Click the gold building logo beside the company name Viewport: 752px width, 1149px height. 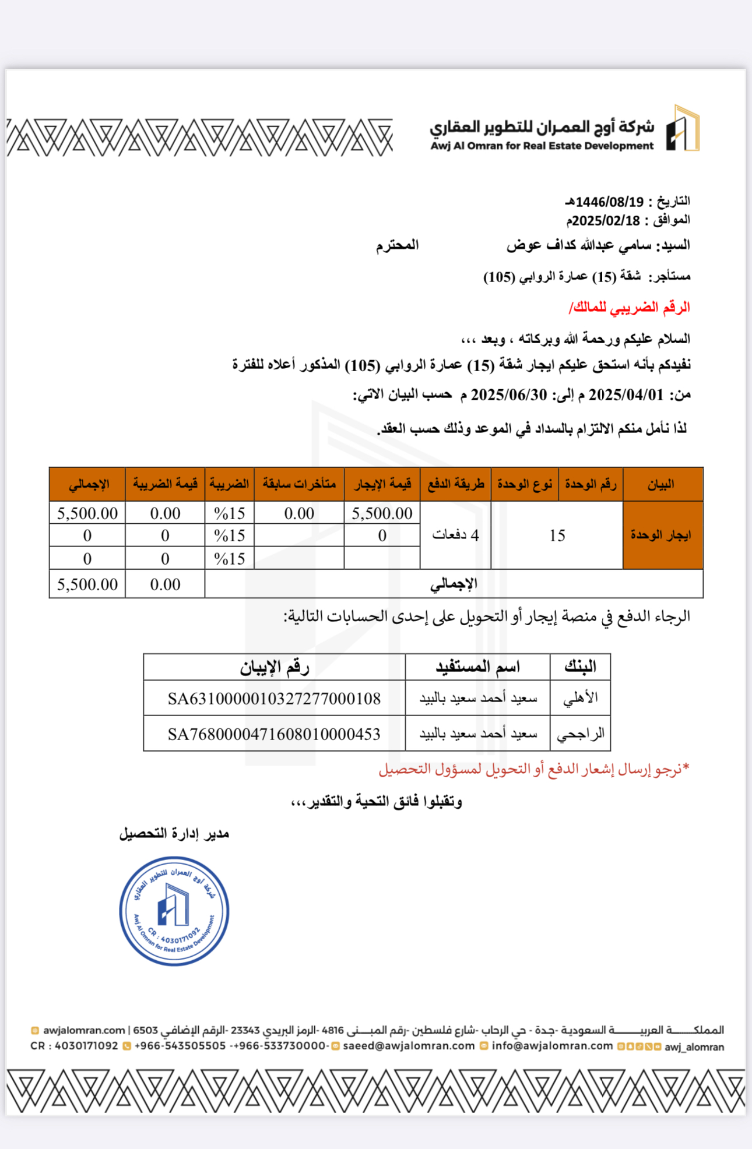pyautogui.click(x=683, y=129)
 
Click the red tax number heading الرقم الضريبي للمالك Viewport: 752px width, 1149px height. pyautogui.click(x=630, y=307)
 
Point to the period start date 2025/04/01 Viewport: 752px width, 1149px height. pyautogui.click(x=626, y=395)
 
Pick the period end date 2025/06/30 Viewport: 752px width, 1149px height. pyautogui.click(x=508, y=395)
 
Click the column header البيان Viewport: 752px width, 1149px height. pyautogui.click(x=662, y=484)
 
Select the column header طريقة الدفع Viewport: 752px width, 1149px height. pyautogui.click(x=456, y=484)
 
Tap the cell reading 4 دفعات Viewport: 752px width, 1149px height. pyautogui.click(x=455, y=535)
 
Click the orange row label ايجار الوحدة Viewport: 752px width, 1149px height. pyautogui.click(x=661, y=535)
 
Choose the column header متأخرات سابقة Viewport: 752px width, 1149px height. pyautogui.click(x=299, y=484)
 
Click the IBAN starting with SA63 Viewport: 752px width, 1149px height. pyautogui.click(x=274, y=699)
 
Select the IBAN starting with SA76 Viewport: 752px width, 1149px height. pyautogui.click(x=274, y=734)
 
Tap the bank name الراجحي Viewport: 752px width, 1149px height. pyautogui.click(x=581, y=734)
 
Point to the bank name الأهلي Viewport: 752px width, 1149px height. pyautogui.click(x=581, y=698)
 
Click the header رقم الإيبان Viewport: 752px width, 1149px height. pyautogui.click(x=274, y=667)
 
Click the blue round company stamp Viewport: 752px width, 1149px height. pyautogui.click(x=174, y=911)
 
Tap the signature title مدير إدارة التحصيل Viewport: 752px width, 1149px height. pyautogui.click(x=174, y=834)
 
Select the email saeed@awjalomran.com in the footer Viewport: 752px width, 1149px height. pyautogui.click(x=409, y=1046)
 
